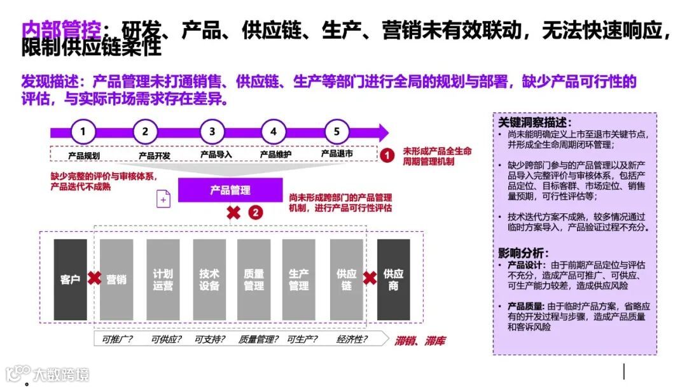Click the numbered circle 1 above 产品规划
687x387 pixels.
point(83,132)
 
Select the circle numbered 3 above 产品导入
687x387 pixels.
point(212,132)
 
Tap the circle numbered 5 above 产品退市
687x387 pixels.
point(337,132)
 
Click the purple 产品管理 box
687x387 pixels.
point(230,190)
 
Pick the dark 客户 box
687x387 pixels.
point(70,279)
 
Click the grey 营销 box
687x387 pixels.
point(116,279)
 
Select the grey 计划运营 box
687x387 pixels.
point(163,279)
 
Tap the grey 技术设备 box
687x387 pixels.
point(209,279)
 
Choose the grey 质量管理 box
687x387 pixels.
point(254,279)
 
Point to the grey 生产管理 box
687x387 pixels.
point(299,279)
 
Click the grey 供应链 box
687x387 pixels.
point(346,279)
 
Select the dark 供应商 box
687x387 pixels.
point(393,279)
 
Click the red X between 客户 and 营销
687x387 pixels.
point(94,278)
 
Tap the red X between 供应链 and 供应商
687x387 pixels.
point(370,278)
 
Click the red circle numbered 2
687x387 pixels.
point(255,213)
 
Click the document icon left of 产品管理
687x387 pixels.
point(163,199)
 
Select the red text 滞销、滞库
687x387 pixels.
point(420,341)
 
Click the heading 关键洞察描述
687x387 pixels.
point(534,122)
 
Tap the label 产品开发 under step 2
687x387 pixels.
point(155,155)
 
